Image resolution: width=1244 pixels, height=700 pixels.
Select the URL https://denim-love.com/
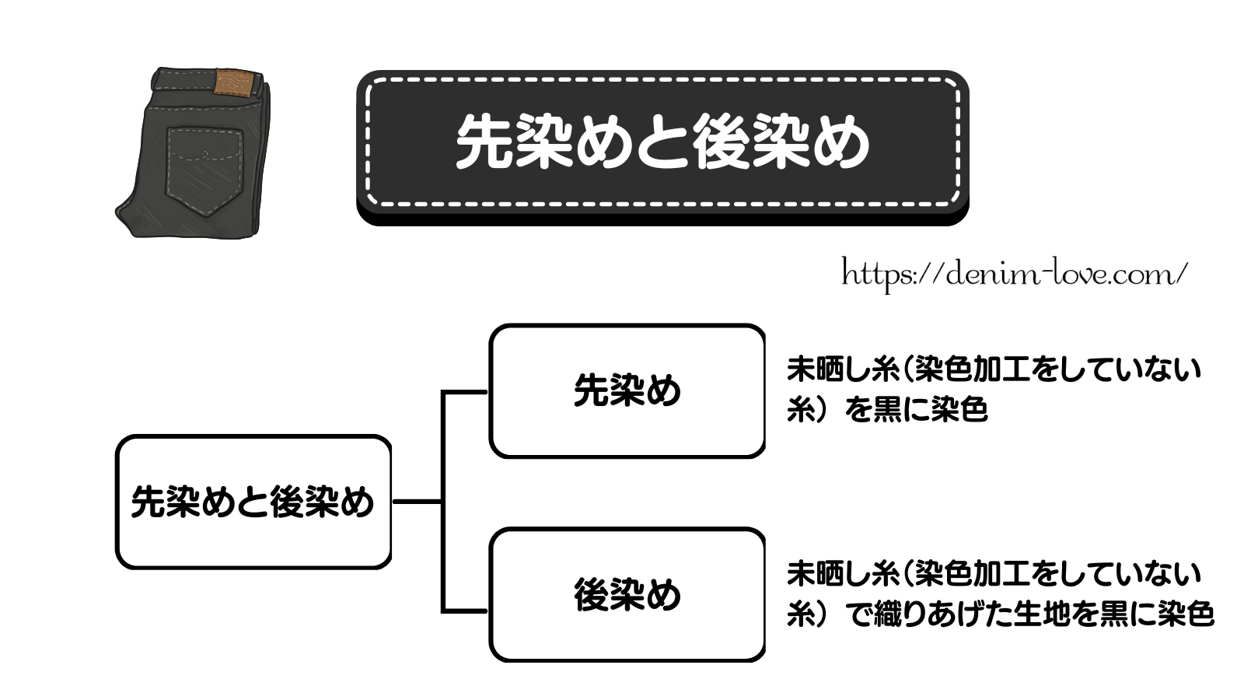pyautogui.click(x=1015, y=274)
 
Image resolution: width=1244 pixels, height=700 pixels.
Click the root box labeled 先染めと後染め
pyautogui.click(x=253, y=502)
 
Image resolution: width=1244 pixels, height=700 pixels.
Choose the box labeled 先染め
pyautogui.click(x=627, y=390)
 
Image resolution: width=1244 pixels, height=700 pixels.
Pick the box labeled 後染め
pyautogui.click(x=627, y=595)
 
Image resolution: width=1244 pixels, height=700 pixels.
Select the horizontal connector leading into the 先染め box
pyautogui.click(x=465, y=393)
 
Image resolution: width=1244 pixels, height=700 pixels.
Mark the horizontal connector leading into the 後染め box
pyautogui.click(x=465, y=611)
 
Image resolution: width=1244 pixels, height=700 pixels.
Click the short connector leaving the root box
pyautogui.click(x=417, y=502)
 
